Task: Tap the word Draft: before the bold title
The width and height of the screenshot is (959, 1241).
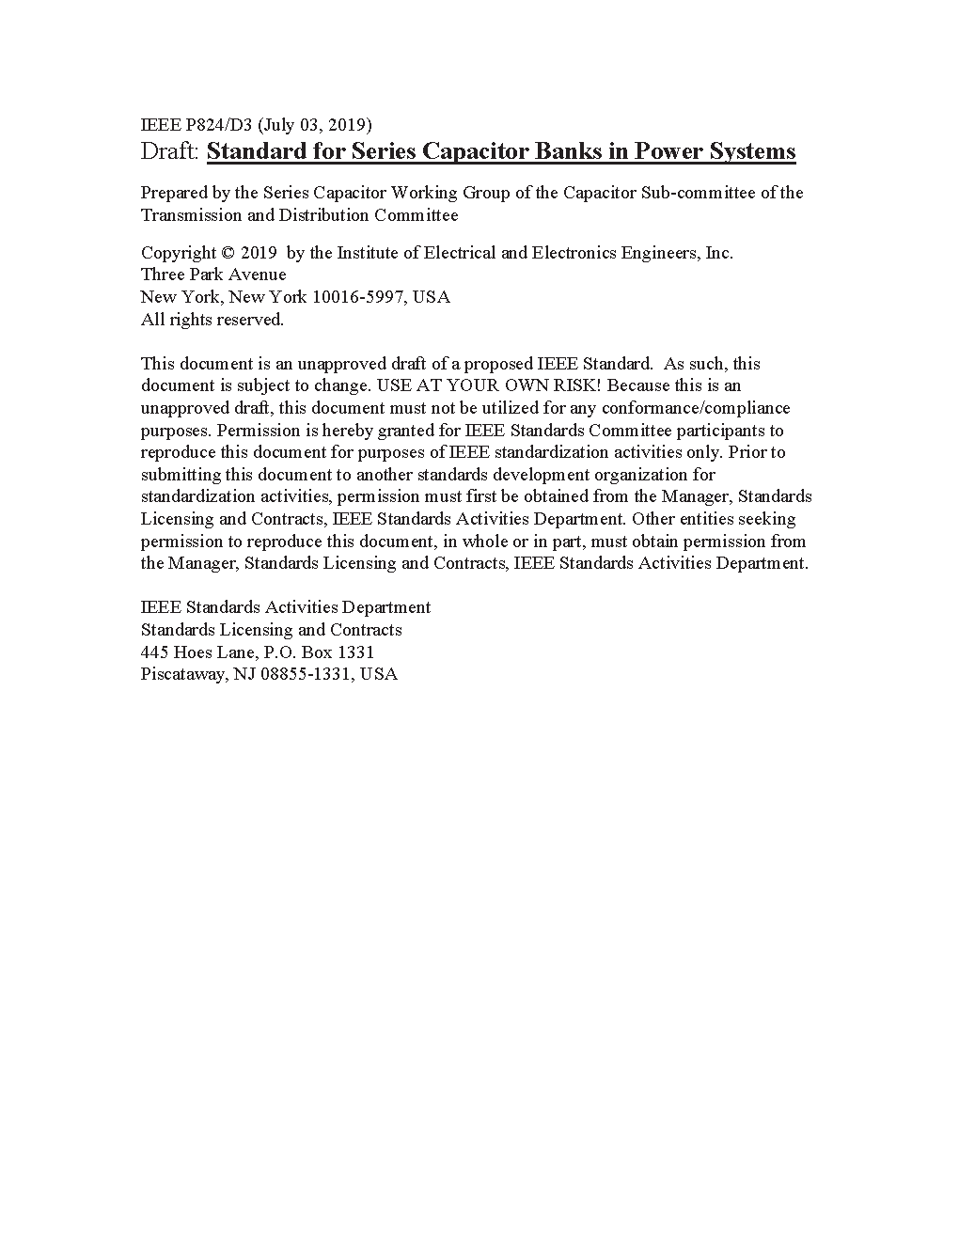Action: coord(170,151)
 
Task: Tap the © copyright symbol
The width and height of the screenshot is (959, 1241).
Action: coord(228,253)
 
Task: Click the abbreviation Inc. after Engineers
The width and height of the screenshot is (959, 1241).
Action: coord(719,253)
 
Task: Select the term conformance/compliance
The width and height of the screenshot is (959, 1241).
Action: coord(696,408)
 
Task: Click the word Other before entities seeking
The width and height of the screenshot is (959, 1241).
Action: coord(652,519)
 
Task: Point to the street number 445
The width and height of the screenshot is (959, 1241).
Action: coord(154,652)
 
